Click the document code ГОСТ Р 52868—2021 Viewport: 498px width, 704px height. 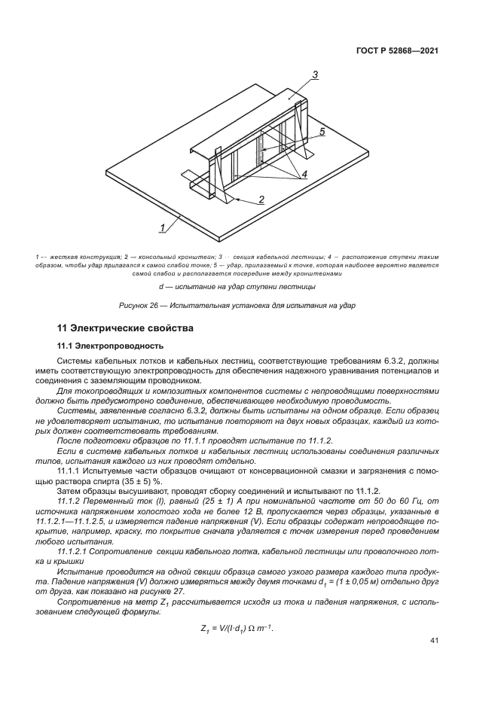[x=397, y=50]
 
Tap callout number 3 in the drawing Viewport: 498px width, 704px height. [x=316, y=74]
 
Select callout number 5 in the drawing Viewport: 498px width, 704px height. [x=322, y=131]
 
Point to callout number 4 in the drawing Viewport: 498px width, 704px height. [x=304, y=174]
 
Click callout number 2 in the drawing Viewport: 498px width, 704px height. [x=261, y=200]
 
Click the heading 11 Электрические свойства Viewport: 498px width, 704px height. [x=126, y=328]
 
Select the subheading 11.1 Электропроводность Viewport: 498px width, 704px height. [x=109, y=346]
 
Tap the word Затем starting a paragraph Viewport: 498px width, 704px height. [x=72, y=491]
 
